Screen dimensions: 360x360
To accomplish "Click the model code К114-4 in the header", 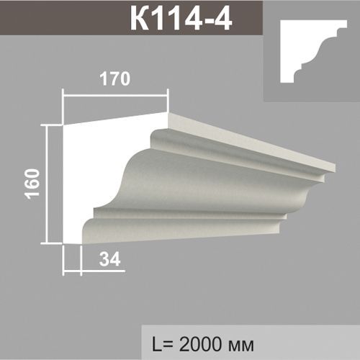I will tap(180, 20).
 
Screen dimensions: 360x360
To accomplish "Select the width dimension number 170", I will tap(116, 79).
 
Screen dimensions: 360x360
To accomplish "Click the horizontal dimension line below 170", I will tap(116, 91).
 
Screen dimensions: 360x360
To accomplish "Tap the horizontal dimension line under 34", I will tap(94, 271).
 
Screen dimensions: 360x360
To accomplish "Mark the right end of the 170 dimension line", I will tap(168, 91).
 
